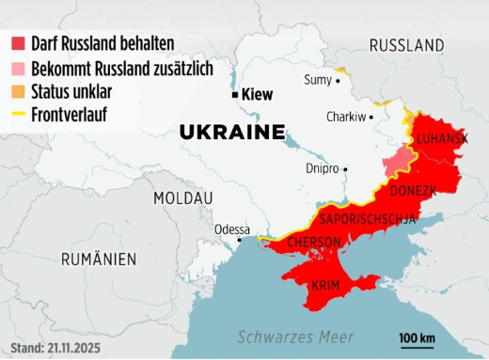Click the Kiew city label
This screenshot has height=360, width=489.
258,94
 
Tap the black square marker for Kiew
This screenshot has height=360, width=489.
235,94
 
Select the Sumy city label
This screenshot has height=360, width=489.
317,80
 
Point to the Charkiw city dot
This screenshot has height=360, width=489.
371,117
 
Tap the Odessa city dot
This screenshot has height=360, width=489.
240,240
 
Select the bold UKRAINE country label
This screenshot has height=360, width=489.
232,132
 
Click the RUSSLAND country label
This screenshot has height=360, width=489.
406,45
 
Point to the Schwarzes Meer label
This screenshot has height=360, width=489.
295,337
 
